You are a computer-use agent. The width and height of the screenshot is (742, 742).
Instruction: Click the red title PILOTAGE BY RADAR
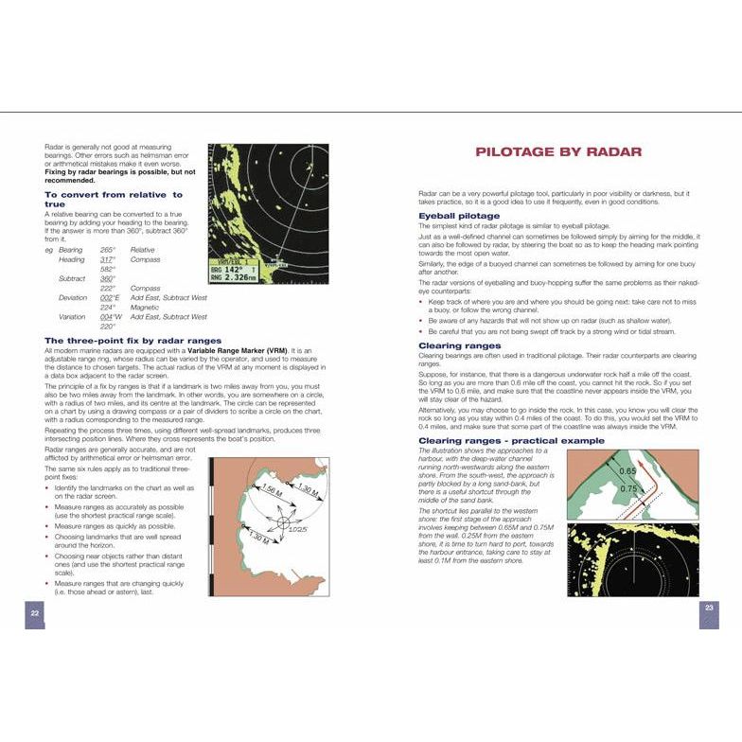558,151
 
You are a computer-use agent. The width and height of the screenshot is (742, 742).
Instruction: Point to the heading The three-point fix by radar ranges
132,340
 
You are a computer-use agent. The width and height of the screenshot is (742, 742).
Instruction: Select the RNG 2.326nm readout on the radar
235,277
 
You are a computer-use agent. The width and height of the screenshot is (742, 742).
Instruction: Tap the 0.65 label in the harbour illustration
626,471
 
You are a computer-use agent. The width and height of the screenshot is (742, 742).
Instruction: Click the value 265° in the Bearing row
107,250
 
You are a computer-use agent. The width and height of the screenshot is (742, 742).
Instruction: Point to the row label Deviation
73,297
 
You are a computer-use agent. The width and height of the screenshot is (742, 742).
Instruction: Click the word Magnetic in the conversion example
145,307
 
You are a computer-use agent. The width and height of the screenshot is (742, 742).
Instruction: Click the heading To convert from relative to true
114,199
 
